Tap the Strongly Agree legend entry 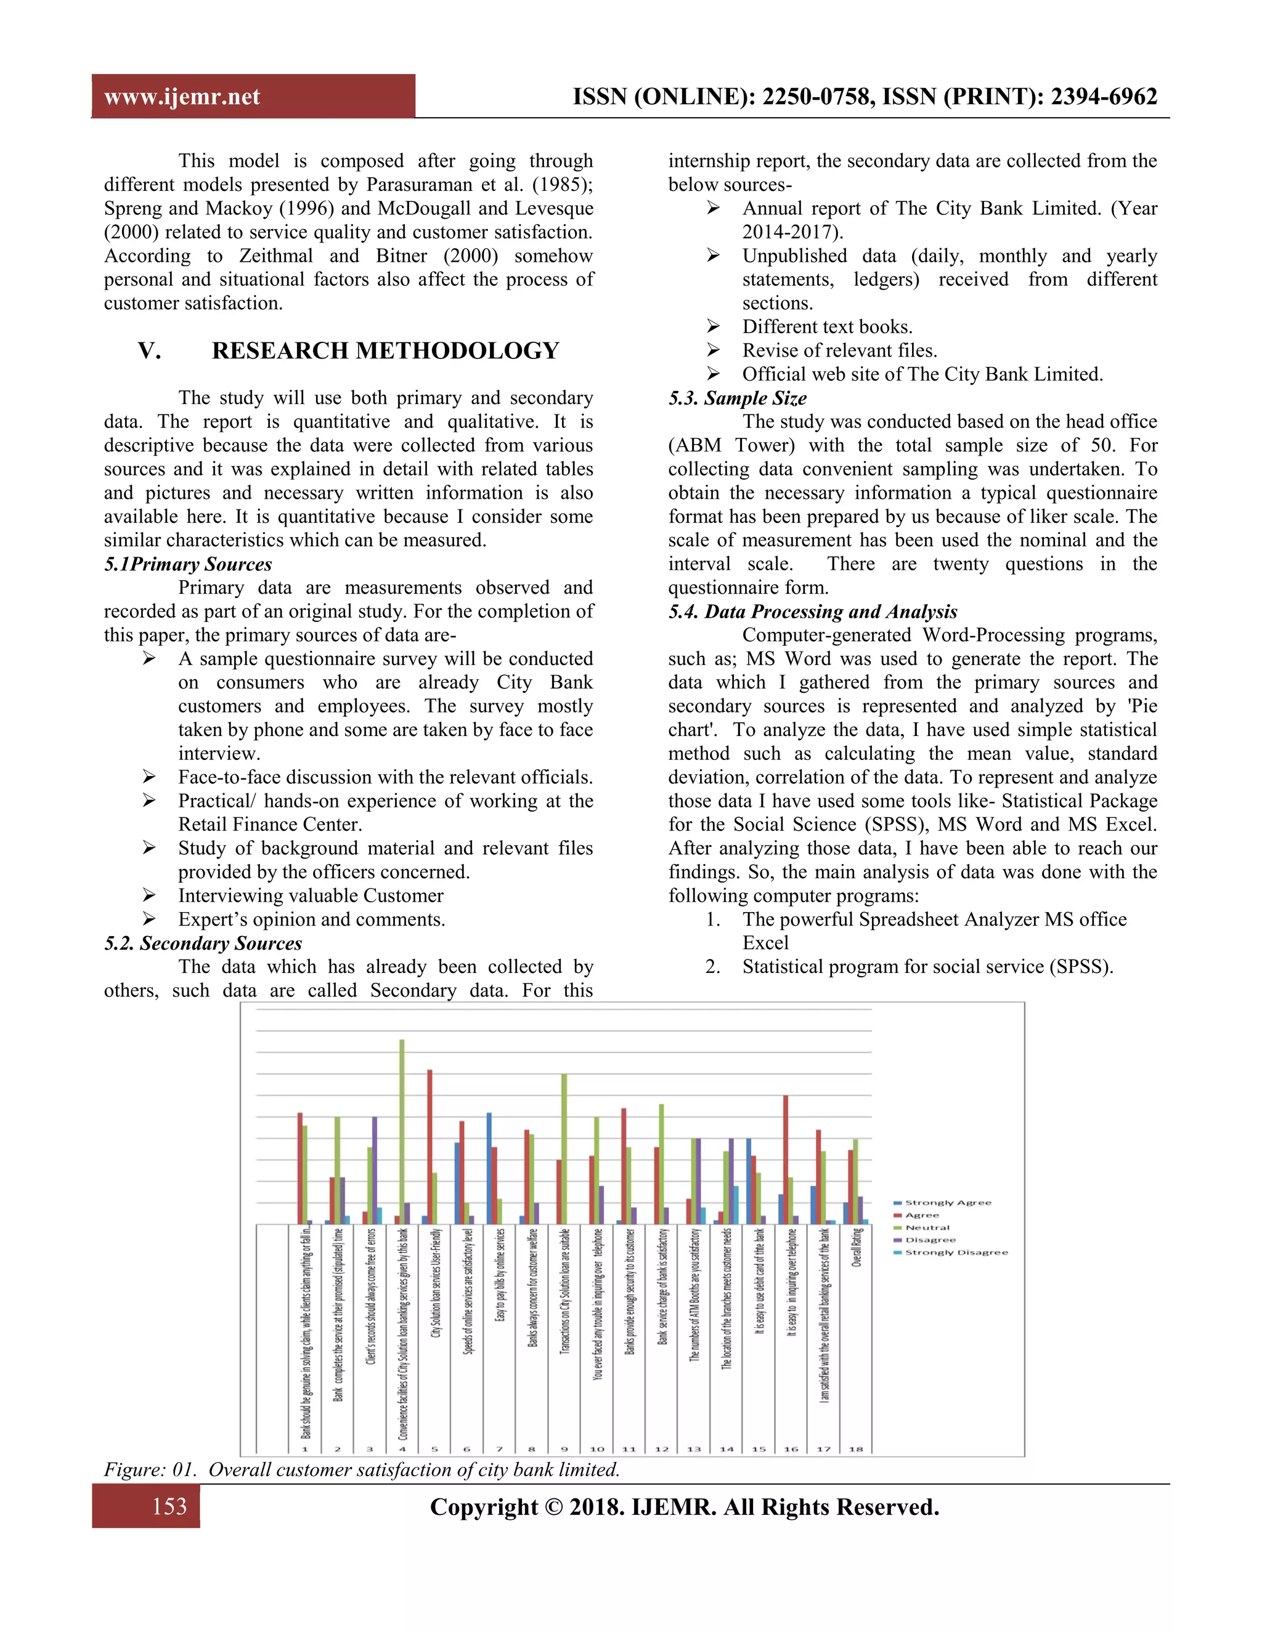(946, 1203)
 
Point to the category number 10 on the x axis (596, 1449)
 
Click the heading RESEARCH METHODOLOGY (385, 350)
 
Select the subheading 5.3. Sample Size (737, 398)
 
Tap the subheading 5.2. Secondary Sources (203, 943)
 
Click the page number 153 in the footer (169, 1506)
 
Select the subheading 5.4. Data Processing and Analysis (813, 612)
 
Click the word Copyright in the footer (483, 1506)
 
